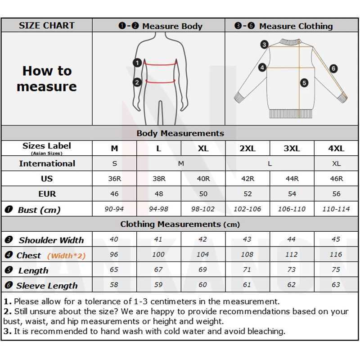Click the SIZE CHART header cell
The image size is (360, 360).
coord(46,26)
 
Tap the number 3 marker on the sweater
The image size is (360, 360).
coord(265,44)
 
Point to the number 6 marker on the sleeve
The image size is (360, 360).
coord(333,68)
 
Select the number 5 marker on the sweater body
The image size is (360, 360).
coord(304,83)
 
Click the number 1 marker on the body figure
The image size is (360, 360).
coord(138,63)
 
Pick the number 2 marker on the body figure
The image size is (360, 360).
coord(137,82)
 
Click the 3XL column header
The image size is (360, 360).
coord(292,148)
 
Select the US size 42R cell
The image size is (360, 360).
coord(247,179)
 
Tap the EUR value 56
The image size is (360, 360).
coord(336,194)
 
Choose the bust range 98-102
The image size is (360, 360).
coord(203,209)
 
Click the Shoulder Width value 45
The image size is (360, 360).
coord(336,239)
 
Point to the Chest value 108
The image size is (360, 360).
coord(247,255)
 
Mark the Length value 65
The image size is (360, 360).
coord(114,270)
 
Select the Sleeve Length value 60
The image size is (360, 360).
coord(203,285)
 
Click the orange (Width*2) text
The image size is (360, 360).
coord(66,256)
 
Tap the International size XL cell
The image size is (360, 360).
coord(336,164)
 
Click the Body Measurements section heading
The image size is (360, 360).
coord(180,133)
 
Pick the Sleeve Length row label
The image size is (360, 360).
coord(47,286)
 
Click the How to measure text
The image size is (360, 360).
coord(47,79)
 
